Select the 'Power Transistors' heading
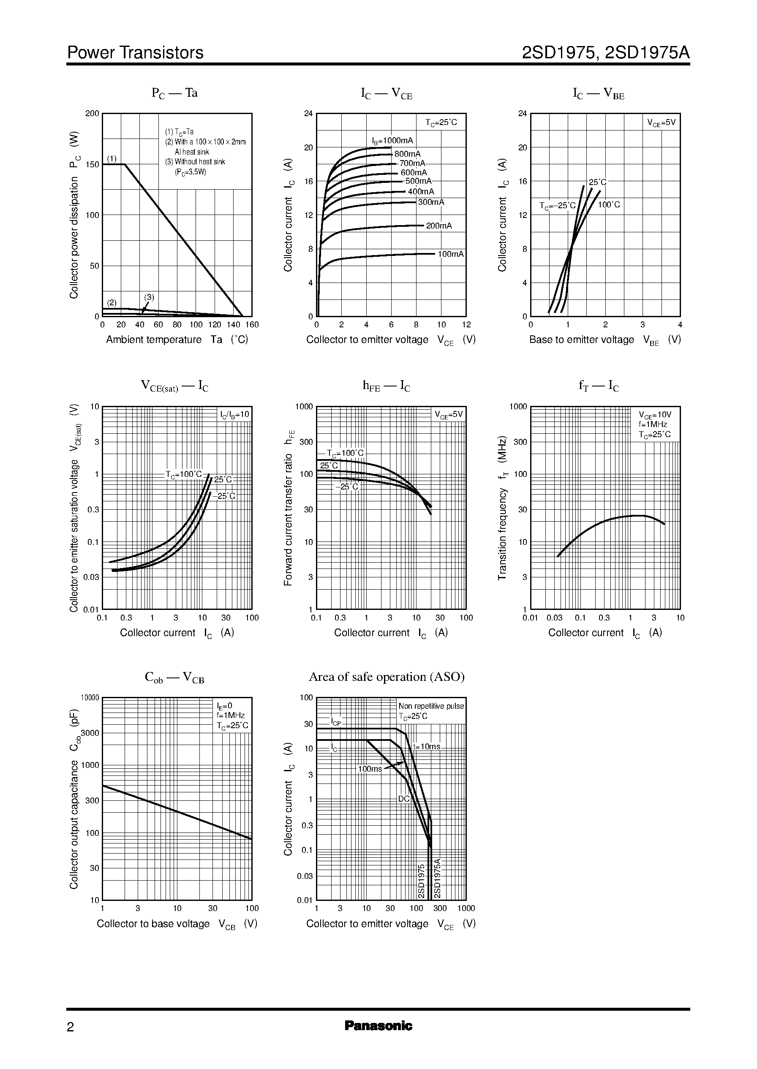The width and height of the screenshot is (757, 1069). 135,53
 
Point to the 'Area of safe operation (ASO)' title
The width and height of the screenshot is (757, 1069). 387,677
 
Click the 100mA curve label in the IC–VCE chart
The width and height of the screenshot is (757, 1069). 451,254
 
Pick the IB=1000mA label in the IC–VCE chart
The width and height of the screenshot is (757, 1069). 392,141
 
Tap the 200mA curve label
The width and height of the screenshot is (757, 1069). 438,226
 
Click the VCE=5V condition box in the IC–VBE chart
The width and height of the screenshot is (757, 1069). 661,123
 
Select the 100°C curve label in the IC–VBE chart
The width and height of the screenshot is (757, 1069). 609,204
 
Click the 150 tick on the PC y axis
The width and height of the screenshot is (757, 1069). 92,164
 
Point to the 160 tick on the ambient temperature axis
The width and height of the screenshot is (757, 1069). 252,325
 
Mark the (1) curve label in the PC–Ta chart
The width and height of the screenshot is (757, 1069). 112,158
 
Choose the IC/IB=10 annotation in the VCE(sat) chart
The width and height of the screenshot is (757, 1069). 235,414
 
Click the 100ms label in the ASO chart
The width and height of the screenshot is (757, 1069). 370,768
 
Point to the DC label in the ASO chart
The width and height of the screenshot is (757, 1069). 404,799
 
